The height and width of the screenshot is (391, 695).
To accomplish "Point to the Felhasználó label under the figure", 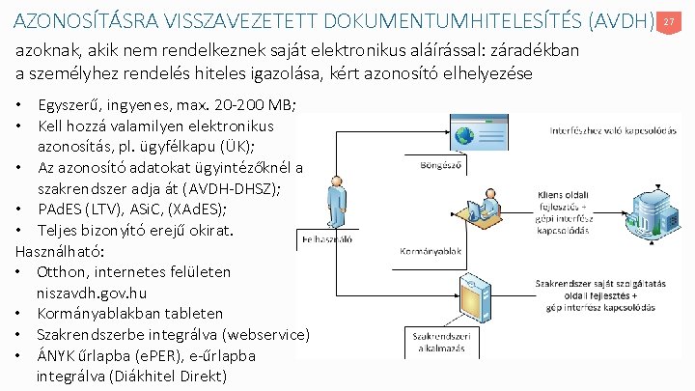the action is [329, 238].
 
